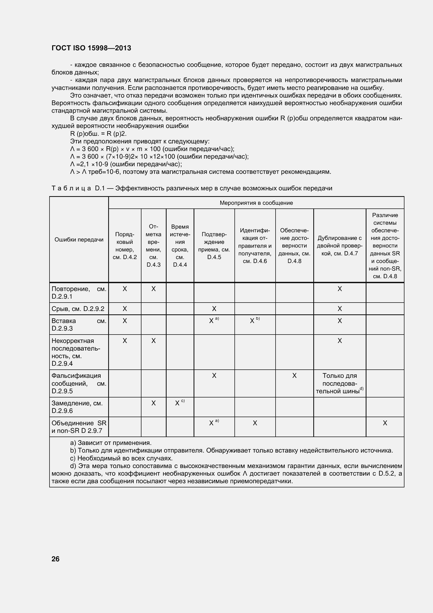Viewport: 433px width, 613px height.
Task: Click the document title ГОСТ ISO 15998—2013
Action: click(x=91, y=48)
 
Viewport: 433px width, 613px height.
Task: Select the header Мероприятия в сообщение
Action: click(x=256, y=203)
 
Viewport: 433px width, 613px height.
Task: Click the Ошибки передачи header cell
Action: click(x=79, y=239)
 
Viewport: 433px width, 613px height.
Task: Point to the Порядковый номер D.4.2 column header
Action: click(x=125, y=246)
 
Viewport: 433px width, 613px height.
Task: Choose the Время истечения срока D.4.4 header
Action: click(x=180, y=246)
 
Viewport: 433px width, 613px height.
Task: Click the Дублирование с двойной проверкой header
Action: click(x=339, y=246)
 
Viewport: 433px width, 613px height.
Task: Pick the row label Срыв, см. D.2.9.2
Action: click(x=78, y=309)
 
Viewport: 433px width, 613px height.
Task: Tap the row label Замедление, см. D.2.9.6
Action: click(x=77, y=407)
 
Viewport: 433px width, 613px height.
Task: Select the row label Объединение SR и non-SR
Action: click(x=79, y=427)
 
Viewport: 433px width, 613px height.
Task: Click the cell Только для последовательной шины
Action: click(x=339, y=383)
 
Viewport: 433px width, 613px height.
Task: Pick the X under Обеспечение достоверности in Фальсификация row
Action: click(x=294, y=376)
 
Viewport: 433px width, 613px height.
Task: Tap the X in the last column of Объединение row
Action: click(x=385, y=423)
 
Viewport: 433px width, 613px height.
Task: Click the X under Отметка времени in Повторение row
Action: click(x=154, y=289)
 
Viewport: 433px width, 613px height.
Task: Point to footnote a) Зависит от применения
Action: click(x=111, y=443)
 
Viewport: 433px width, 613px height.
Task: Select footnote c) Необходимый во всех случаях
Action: click(x=121, y=458)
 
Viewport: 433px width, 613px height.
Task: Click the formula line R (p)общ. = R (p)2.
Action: click(x=98, y=134)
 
